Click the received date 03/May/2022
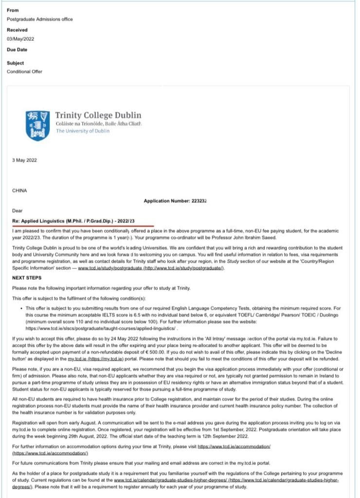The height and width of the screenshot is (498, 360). [20, 39]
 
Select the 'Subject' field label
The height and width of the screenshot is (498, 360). [15, 63]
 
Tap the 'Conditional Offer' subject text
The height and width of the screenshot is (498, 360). [24, 71]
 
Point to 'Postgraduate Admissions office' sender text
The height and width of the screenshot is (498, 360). [39, 19]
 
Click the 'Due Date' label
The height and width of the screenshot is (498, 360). [17, 50]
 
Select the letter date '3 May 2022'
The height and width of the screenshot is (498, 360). [24, 160]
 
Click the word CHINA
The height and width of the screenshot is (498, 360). [20, 191]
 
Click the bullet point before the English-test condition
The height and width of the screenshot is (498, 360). [22, 308]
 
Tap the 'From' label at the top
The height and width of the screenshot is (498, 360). [13, 10]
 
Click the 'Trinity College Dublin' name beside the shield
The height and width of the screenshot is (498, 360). [98, 115]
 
